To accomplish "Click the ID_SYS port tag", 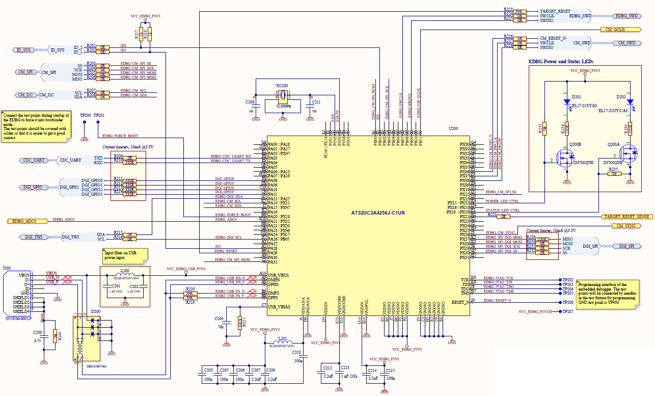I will tap(23, 50).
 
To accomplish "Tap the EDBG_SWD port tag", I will tap(626, 16).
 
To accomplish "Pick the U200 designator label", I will tap(453, 129).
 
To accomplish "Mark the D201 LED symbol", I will tap(567, 102).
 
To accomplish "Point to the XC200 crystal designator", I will tap(282, 86).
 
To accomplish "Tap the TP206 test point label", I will tap(568, 302).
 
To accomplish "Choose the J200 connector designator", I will tap(7, 268).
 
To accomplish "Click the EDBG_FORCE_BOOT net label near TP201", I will tap(121, 136).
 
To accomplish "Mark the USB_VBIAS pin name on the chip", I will tap(279, 306).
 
